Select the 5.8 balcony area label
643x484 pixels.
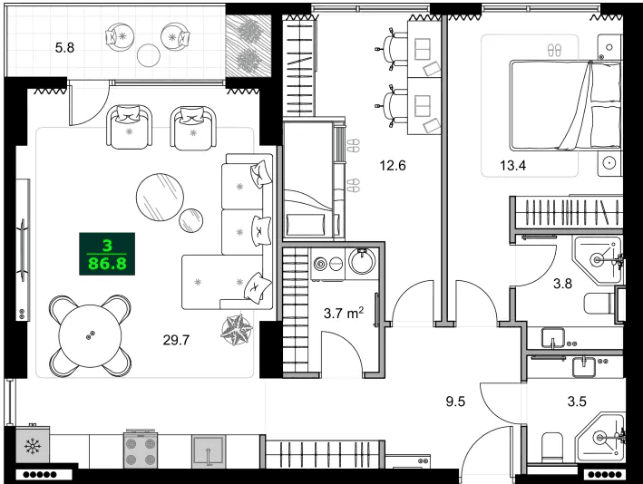tap(64, 46)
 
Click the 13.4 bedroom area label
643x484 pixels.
tap(513, 164)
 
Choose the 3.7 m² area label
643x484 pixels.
tap(344, 315)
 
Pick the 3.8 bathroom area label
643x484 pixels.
tap(563, 282)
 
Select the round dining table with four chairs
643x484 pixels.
tap(89, 335)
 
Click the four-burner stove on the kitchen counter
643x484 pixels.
tap(141, 450)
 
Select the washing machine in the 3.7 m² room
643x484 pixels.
tap(322, 264)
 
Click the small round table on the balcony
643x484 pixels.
tap(149, 55)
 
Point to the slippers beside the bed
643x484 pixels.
tap(555, 48)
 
